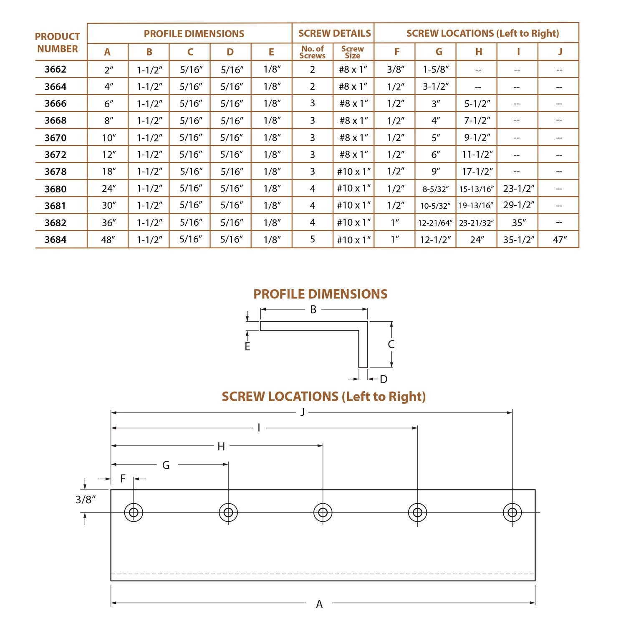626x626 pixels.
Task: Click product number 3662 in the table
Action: (x=56, y=69)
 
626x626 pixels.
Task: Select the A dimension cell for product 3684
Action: (x=108, y=240)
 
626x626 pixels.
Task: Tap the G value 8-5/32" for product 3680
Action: (x=435, y=189)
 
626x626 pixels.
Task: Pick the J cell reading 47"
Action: (x=559, y=240)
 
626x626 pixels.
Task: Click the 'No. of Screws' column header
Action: (x=312, y=52)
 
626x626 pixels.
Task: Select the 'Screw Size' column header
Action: (x=353, y=52)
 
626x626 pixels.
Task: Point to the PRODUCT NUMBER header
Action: (x=58, y=43)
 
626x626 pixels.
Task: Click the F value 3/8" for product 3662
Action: (x=395, y=69)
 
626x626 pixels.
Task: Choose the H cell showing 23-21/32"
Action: (x=476, y=223)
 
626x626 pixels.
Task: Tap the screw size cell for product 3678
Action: (x=353, y=172)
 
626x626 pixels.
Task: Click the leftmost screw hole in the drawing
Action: (x=134, y=512)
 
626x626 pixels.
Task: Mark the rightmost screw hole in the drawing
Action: (x=512, y=512)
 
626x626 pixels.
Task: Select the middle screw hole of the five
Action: (x=323, y=512)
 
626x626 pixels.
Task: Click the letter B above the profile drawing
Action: (x=313, y=310)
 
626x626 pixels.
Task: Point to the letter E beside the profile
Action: (x=247, y=347)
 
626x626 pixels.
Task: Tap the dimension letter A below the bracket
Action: (x=319, y=604)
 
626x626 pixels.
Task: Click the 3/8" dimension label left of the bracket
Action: (x=86, y=499)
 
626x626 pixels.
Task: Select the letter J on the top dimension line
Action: (x=303, y=413)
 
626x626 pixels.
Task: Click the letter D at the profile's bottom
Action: (x=384, y=379)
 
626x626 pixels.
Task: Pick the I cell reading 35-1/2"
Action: (x=518, y=240)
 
